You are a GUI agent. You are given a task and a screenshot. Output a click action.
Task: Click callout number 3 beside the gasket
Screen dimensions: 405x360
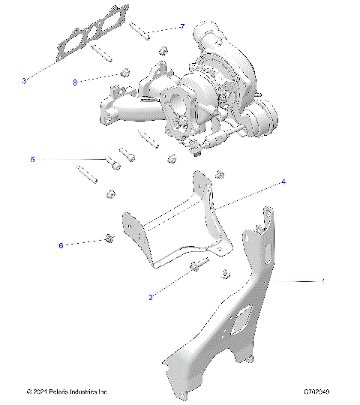coord(25,80)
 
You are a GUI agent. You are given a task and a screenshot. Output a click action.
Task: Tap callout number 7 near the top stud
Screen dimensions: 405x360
coord(182,27)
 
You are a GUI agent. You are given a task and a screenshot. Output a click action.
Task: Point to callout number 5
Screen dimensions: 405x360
coord(33,160)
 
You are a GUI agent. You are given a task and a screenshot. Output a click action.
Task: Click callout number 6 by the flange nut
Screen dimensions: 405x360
coord(60,244)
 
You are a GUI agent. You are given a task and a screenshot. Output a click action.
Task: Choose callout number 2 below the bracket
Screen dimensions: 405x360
coord(151,298)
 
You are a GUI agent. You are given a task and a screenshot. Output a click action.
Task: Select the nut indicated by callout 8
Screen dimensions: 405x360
coord(125,73)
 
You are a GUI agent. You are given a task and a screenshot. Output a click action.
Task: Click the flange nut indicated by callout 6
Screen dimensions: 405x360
coord(109,239)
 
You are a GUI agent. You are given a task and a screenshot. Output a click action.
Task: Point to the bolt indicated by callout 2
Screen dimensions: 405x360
coord(199,265)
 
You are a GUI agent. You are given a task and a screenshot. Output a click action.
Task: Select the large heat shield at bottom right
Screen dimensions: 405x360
coord(225,330)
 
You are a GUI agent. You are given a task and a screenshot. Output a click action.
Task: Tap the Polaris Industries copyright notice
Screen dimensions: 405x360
coord(67,391)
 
